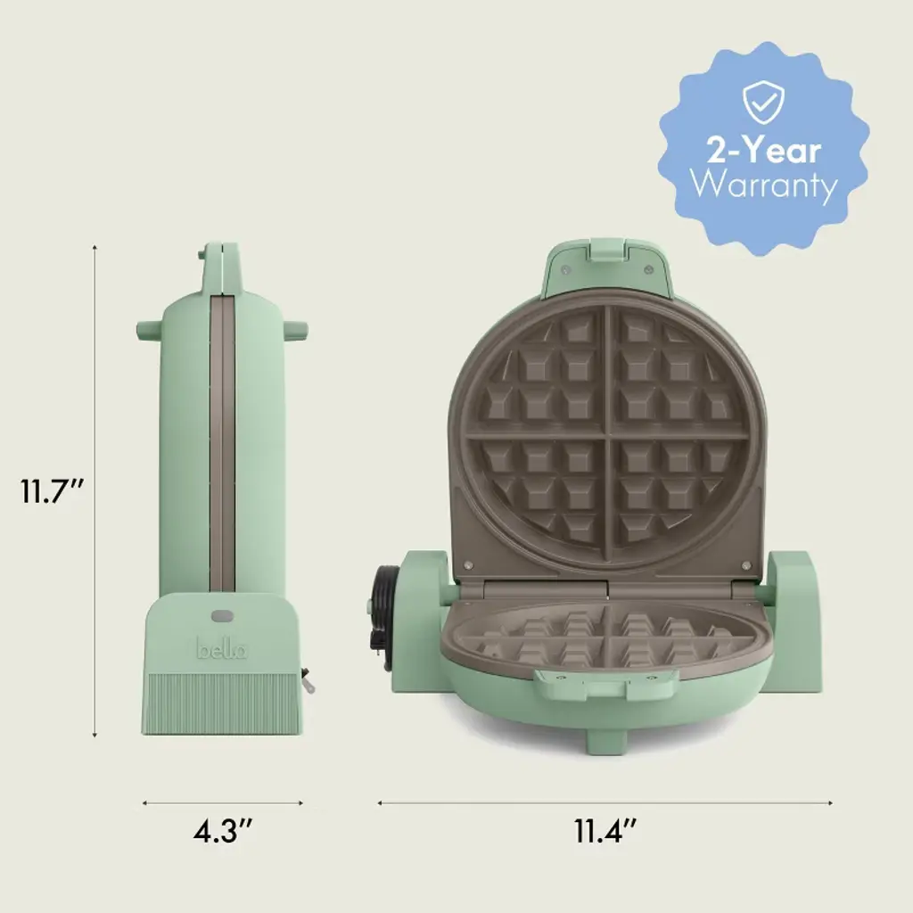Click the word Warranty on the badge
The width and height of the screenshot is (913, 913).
coord(764,185)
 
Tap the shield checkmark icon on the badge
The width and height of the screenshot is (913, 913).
coord(763,103)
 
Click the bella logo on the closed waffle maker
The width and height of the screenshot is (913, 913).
coord(222,648)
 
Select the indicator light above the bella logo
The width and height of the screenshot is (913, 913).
coord(221,615)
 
